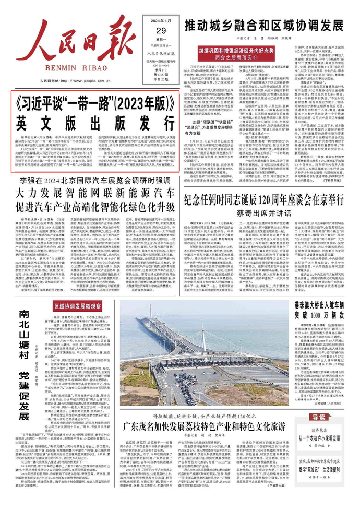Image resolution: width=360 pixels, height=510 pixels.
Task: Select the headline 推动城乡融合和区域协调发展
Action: coord(263,25)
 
